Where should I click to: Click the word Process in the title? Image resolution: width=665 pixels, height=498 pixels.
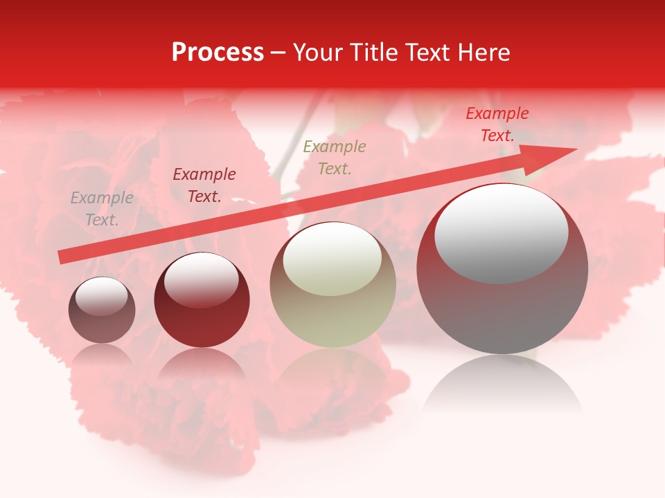(x=218, y=53)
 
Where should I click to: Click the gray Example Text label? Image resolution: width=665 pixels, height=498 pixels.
(x=102, y=209)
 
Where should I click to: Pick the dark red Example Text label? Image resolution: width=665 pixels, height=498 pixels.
(x=204, y=185)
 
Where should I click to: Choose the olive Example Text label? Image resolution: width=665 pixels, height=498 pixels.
(x=335, y=157)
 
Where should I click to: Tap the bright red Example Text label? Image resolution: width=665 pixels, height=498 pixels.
(x=497, y=124)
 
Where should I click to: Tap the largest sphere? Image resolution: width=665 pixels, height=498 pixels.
(x=502, y=304)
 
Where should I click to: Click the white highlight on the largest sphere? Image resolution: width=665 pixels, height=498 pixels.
(x=502, y=234)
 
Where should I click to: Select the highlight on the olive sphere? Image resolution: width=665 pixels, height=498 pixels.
(x=332, y=259)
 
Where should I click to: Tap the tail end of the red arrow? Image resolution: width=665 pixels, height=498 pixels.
(x=62, y=257)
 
